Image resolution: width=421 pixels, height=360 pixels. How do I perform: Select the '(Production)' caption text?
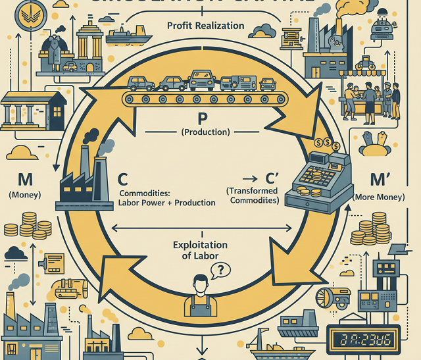[205, 132]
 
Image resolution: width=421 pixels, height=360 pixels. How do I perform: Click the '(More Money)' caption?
[379, 197]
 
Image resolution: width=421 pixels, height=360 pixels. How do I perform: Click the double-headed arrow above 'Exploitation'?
[201, 228]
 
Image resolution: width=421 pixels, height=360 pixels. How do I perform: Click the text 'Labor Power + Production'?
[167, 203]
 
